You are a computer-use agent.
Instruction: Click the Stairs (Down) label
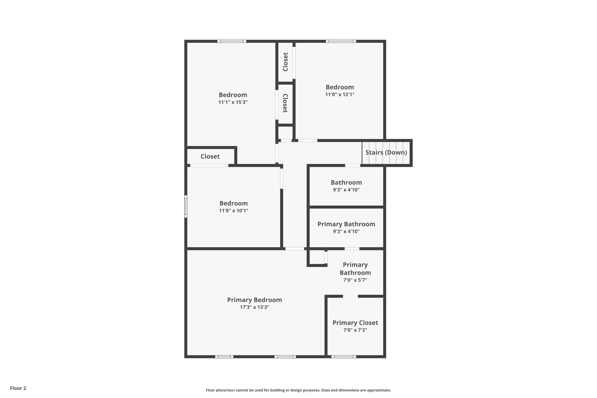386,152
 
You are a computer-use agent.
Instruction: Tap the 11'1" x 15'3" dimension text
233,102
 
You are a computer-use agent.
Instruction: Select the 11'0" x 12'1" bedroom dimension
340,94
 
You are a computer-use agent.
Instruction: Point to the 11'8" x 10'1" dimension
233,211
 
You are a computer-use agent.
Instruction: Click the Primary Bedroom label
254,300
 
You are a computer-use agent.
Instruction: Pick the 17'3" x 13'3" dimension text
254,307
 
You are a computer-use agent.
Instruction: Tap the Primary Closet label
355,323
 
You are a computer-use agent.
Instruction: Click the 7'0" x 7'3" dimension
355,330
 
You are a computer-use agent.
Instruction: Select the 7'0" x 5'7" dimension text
355,280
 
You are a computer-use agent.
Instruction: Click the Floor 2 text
18,388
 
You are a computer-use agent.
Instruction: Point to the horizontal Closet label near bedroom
210,157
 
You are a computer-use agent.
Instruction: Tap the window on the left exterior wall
186,206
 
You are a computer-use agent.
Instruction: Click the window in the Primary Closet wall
343,356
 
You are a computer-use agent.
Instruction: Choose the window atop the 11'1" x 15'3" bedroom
232,41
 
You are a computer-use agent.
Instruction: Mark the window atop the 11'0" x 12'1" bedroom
341,41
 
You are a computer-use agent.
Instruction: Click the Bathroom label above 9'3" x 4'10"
346,183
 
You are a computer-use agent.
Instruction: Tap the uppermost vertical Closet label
285,62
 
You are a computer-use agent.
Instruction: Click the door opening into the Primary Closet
350,296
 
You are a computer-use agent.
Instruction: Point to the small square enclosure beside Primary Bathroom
317,257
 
